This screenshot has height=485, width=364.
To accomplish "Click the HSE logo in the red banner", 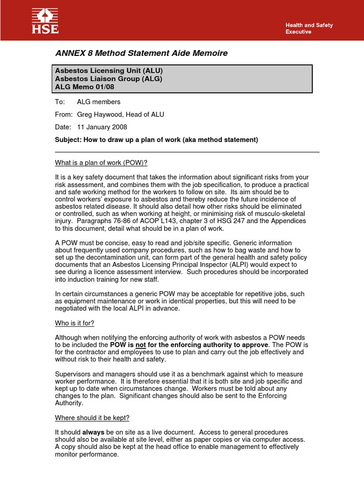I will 45,21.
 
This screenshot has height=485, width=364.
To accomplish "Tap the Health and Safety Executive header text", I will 309,28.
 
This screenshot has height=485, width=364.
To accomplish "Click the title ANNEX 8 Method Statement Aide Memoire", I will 141,53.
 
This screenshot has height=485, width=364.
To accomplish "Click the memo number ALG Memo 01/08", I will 84,87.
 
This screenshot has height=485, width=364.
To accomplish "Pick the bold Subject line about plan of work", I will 156,140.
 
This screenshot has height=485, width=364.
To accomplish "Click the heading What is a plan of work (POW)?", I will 101,163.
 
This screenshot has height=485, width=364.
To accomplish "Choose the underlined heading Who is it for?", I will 75,323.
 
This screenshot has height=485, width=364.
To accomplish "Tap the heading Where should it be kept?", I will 92,418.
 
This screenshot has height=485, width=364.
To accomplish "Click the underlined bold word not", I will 140,345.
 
